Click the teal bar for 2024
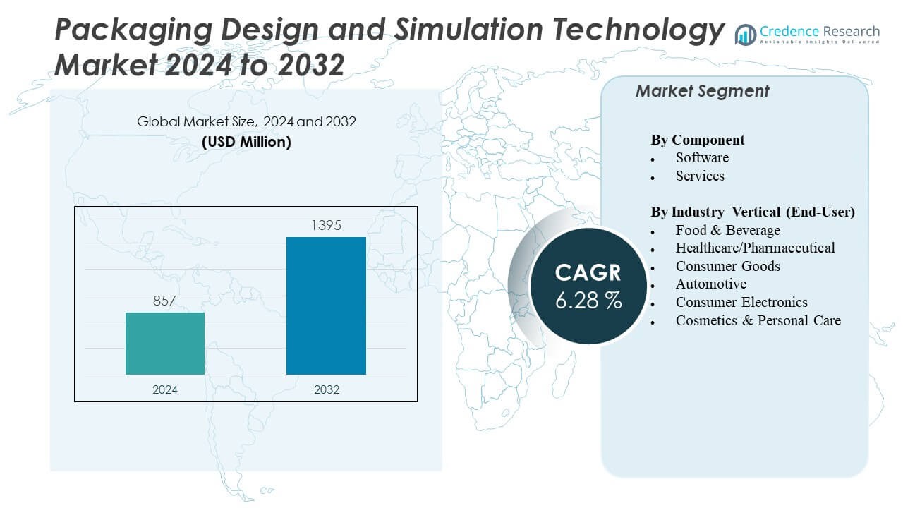coord(165,344)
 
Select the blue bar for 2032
coord(326,306)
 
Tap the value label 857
coord(164,301)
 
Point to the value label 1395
coord(326,226)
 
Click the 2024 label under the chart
coord(165,389)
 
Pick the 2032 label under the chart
coord(326,389)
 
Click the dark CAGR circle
coord(588,286)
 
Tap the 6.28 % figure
coord(588,300)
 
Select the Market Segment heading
coord(702,91)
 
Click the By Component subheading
coord(697,140)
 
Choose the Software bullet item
coord(702,157)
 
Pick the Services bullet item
coord(700,176)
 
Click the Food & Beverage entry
coord(727,230)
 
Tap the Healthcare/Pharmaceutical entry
coord(755,248)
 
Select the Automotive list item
coord(710,284)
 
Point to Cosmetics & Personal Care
coord(758,320)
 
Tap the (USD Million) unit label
coord(246,142)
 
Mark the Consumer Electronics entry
coord(741,302)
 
